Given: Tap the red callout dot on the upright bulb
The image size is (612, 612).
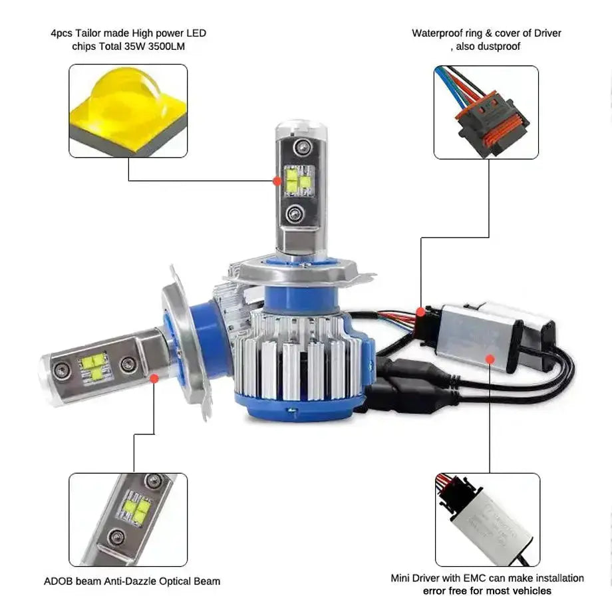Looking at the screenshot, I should (277, 180).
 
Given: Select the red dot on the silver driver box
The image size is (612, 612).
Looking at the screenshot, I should (490, 359).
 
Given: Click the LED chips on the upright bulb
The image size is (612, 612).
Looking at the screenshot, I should (298, 180).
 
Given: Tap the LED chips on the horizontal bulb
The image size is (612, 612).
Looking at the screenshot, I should (94, 367).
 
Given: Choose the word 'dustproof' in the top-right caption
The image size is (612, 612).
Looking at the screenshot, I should (498, 46).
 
